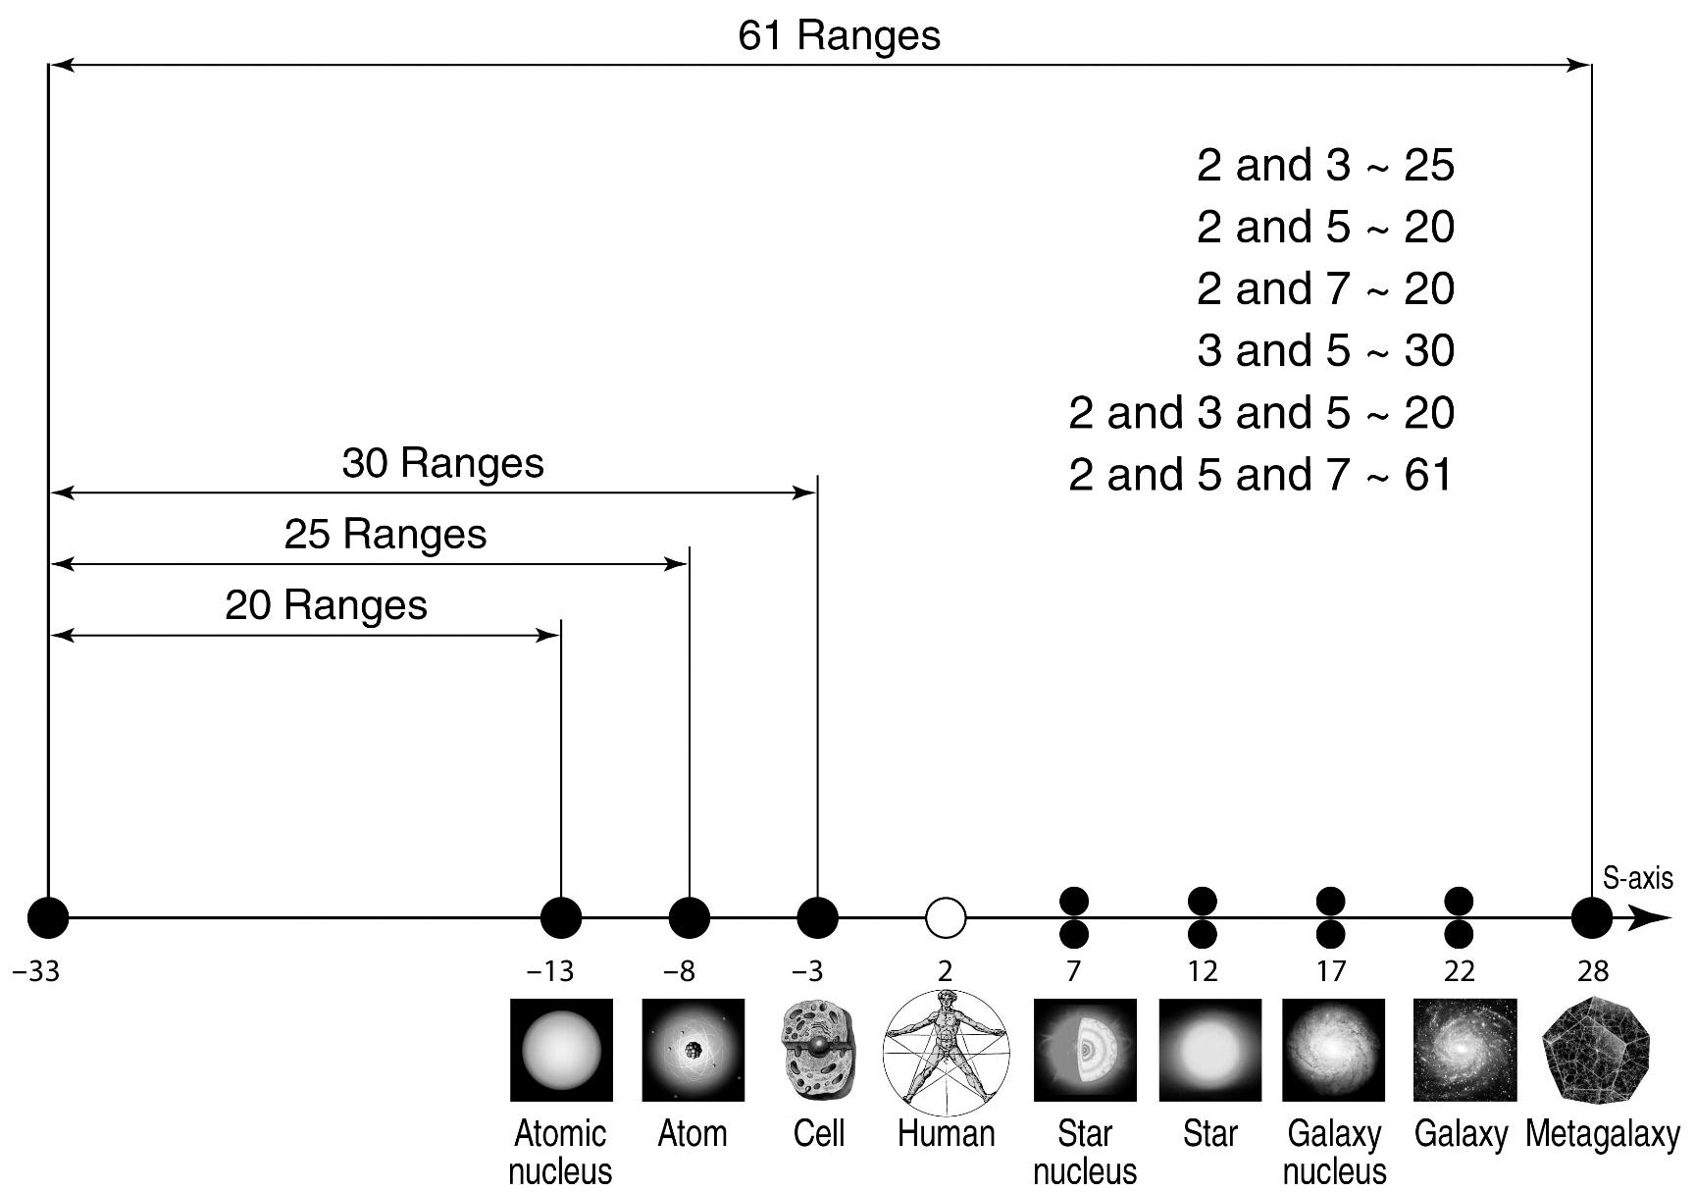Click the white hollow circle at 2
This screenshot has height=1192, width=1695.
(946, 918)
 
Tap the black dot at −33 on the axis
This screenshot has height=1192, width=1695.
(48, 918)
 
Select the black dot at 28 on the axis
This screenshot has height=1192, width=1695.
(1591, 918)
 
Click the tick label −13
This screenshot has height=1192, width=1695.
(550, 971)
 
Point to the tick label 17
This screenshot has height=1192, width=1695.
(1330, 971)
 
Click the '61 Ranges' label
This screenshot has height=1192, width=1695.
(839, 36)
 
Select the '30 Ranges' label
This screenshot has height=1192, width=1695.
(442, 463)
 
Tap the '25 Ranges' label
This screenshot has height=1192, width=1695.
(385, 535)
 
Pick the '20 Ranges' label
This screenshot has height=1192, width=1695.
(326, 605)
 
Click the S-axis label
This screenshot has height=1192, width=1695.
(1637, 878)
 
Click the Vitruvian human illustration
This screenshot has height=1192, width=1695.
(946, 1050)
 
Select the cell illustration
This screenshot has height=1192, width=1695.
(819, 1050)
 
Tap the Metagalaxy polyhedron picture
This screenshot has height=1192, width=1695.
(1596, 1050)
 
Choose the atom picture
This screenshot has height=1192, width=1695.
(693, 1050)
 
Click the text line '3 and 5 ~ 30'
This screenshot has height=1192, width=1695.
(1325, 350)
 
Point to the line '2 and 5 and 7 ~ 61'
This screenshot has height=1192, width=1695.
(1260, 475)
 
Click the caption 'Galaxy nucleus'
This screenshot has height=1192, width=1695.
(1334, 1153)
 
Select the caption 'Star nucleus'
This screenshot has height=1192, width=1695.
(1085, 1153)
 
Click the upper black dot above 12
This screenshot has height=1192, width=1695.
(1203, 901)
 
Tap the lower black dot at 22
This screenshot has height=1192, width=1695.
(1459, 934)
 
